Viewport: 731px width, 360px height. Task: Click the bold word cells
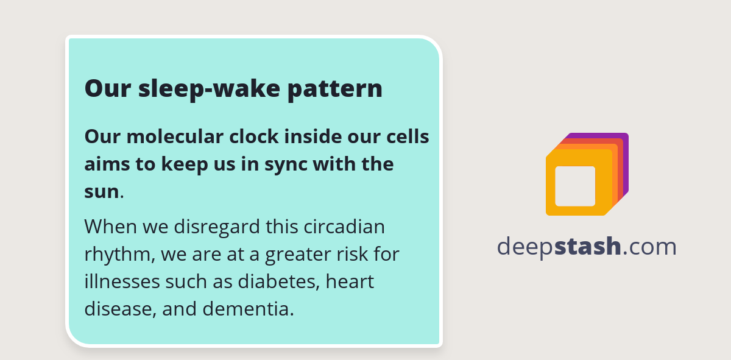[x=409, y=136]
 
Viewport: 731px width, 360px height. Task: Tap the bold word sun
[x=101, y=191]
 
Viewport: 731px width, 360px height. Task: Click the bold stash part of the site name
[x=588, y=247]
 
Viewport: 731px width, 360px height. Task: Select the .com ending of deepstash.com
[x=651, y=247]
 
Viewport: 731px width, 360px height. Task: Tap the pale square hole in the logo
[x=575, y=186]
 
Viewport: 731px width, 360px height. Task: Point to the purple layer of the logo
[x=624, y=158]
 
